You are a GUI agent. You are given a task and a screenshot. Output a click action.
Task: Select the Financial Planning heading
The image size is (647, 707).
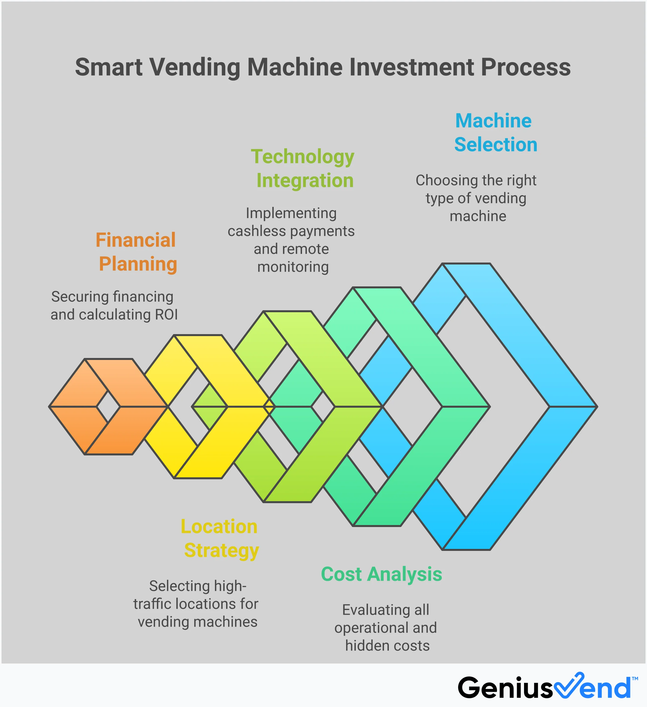137,252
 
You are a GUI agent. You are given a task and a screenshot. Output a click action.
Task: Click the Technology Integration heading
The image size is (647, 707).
303,168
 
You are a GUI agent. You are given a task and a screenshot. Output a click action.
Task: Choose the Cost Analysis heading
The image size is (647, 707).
381,574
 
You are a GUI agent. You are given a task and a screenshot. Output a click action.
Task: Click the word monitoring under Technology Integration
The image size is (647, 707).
293,267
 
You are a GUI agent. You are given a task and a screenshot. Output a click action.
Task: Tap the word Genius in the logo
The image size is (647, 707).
505,688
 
